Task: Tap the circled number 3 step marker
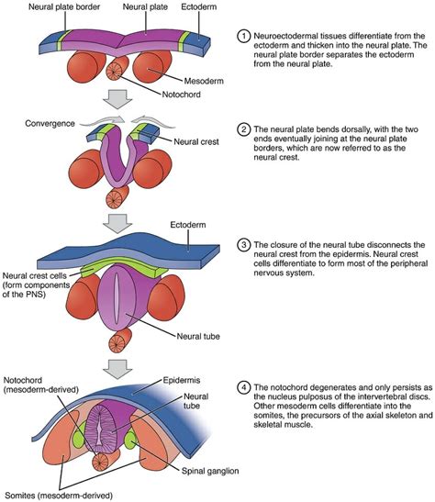[x=244, y=245]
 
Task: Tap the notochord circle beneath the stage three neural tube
[x=118, y=340]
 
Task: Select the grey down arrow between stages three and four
[x=119, y=369]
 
